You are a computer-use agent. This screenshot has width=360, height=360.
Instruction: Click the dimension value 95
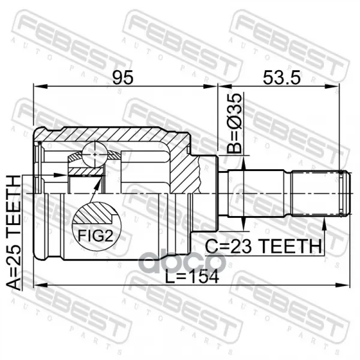point(123,77)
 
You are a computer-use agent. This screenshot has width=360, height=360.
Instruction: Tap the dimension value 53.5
point(282,77)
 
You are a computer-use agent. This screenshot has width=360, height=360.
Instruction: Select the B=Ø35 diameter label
point(235,123)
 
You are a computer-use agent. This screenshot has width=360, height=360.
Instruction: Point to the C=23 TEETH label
point(263,246)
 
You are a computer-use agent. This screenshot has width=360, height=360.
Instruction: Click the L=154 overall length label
point(192,277)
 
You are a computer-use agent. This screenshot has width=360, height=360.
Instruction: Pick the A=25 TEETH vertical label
point(13,232)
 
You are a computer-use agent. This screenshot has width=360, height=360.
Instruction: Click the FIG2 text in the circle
point(95,235)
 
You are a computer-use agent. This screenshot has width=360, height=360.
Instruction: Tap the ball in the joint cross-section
point(95,154)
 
